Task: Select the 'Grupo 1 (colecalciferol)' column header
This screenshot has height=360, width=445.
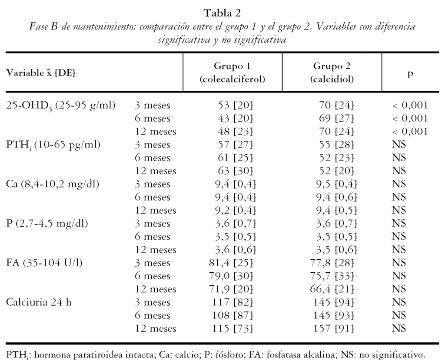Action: [x=232, y=73]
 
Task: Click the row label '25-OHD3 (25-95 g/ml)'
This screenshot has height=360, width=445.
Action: [x=61, y=105]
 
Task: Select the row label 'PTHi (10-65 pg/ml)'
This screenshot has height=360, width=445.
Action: [x=53, y=145]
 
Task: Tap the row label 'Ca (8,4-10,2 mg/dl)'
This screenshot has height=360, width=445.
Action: [x=53, y=184]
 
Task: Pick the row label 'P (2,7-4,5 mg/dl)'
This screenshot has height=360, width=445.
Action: [x=47, y=223]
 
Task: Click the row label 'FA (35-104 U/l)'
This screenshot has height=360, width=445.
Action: [x=44, y=262]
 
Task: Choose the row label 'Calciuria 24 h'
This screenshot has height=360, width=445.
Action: [x=39, y=302]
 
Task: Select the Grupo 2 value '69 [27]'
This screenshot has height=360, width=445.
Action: [x=336, y=118]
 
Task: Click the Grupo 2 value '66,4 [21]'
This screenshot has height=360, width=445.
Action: [x=332, y=289]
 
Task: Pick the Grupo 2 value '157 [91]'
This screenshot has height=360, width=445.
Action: [x=334, y=328]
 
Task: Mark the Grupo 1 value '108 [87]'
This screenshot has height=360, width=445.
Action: [x=234, y=315]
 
